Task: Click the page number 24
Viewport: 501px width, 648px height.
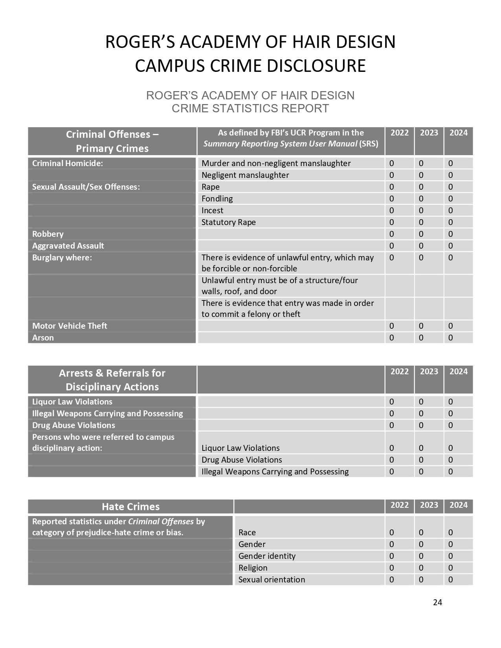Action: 437,602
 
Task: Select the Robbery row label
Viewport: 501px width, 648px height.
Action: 48,234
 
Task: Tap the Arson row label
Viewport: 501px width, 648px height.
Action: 43,338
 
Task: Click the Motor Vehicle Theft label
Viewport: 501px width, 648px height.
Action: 70,326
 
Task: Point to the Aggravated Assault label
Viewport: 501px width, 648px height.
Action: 68,246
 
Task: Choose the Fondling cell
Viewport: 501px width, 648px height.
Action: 217,199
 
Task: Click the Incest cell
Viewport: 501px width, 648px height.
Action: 212,211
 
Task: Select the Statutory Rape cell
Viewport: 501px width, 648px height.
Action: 229,222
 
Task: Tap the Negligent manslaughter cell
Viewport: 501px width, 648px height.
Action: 245,175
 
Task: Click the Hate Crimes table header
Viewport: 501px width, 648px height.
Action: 130,507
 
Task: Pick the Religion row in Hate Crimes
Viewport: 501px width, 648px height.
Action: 253,568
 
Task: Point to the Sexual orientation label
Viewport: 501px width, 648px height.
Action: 272,580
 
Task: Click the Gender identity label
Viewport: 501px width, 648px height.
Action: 267,556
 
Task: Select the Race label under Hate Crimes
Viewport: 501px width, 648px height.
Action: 247,533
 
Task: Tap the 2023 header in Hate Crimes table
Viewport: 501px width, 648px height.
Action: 429,505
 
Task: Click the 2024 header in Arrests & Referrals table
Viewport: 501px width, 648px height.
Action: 459,372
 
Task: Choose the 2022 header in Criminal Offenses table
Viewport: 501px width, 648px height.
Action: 400,133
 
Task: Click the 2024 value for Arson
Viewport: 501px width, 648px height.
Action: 450,338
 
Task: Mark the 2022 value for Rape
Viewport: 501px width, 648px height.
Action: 391,187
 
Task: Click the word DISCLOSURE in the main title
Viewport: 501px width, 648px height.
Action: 316,66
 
